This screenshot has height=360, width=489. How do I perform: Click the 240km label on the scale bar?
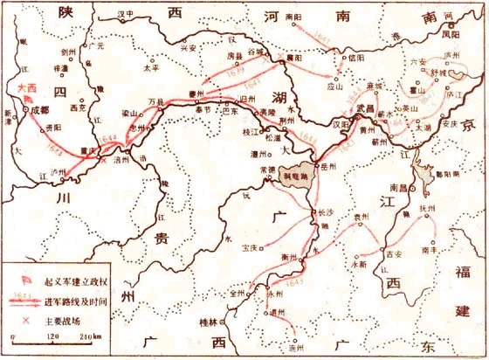point(88,336)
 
